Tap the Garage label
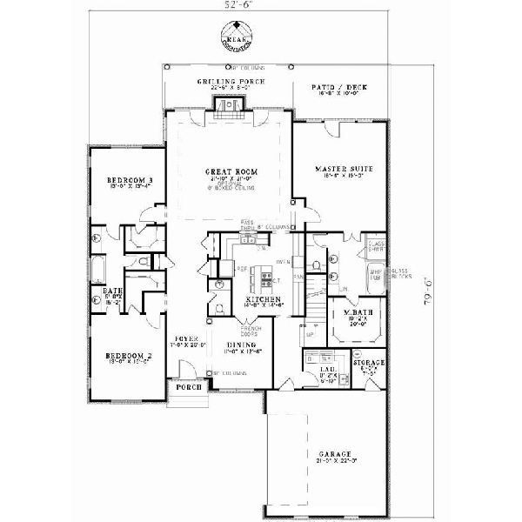pos(334,454)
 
